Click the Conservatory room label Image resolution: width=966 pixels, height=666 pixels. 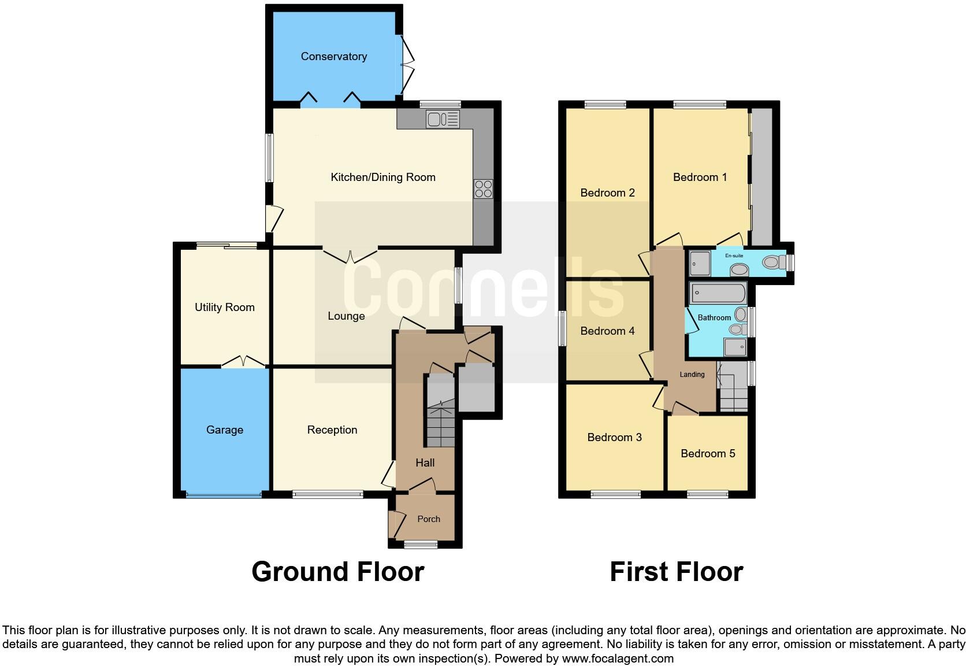tap(333, 56)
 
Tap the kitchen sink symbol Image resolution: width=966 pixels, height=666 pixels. tap(443, 119)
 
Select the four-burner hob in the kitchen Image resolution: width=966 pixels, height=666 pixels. tap(484, 188)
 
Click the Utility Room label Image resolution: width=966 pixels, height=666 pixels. tap(224, 307)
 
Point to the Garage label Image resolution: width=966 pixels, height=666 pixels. tap(224, 430)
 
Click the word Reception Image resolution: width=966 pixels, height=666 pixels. tap(332, 430)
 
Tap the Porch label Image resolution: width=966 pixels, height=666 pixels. tap(428, 519)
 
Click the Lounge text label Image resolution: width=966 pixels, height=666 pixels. tap(345, 316)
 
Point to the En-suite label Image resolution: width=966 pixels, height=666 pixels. tap(734, 256)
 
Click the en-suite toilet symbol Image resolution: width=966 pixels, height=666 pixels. tap(772, 262)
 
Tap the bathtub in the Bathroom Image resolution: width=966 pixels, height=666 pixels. tap(718, 293)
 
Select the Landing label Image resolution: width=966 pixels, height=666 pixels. tap(692, 374)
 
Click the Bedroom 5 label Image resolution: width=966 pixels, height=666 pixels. tap(707, 453)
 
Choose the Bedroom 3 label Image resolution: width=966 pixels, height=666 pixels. tap(614, 437)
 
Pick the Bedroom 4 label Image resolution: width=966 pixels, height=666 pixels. tap(607, 331)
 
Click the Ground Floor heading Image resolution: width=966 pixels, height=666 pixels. tap(337, 571)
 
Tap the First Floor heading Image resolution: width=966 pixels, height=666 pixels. tap(676, 571)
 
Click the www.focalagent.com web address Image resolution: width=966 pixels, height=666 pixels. tap(618, 658)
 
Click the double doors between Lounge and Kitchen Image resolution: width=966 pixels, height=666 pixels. tap(350, 254)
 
